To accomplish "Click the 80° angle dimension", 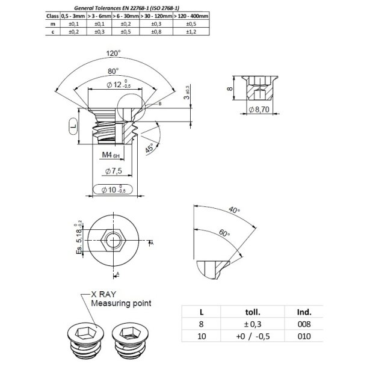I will point(112,70).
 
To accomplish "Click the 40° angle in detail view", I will point(234,211).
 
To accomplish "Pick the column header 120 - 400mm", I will point(191,16).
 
